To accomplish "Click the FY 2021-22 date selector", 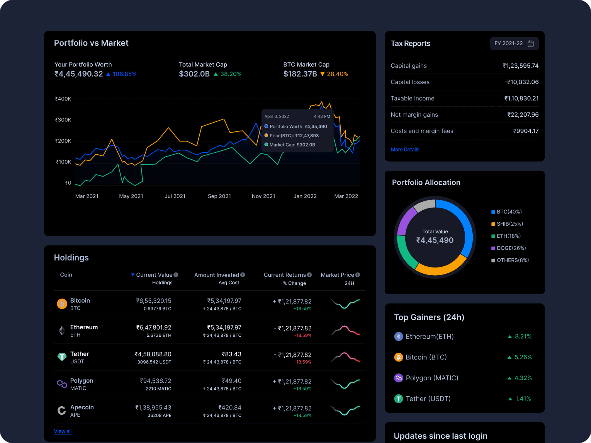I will [x=514, y=44].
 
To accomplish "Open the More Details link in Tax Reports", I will [x=405, y=150].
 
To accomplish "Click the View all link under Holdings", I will [x=63, y=431].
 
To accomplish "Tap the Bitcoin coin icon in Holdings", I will [x=62, y=304].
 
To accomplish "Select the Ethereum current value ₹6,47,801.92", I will [x=153, y=327].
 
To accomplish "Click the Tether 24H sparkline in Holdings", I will [x=345, y=357].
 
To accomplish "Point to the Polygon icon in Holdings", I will [x=62, y=384].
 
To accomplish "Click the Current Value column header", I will [x=154, y=275].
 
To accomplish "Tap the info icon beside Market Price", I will [x=358, y=275].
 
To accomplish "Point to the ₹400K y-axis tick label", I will [x=63, y=99].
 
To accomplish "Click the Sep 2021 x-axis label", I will [x=219, y=196].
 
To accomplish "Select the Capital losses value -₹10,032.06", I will [x=521, y=82].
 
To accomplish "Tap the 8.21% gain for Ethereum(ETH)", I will [x=523, y=337].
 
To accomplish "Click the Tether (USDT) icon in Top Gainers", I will [x=398, y=399].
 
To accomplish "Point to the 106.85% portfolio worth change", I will [x=124, y=74].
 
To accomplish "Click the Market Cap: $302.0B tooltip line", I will [x=292, y=145].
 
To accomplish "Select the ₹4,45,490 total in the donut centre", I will [x=435, y=240].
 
